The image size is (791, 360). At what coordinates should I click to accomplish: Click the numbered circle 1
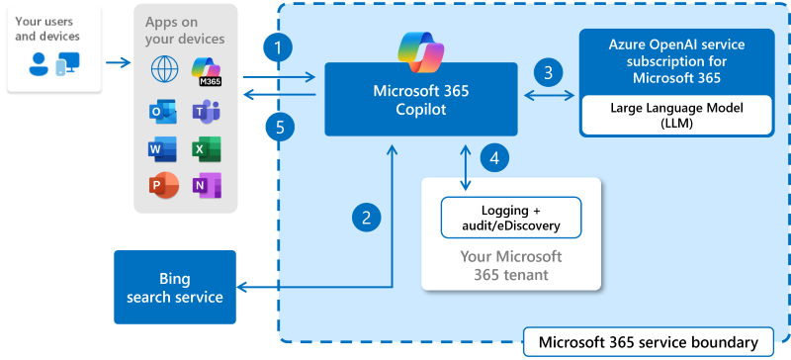pyautogui.click(x=282, y=46)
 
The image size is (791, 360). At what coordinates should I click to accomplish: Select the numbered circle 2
pyautogui.click(x=367, y=217)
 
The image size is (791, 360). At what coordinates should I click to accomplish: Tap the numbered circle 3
pyautogui.click(x=547, y=71)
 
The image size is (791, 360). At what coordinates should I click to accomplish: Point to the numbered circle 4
pyautogui.click(x=495, y=156)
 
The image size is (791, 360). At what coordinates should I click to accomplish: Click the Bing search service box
pyautogui.click(x=175, y=287)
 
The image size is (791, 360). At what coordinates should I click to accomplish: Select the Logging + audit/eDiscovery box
pyautogui.click(x=510, y=217)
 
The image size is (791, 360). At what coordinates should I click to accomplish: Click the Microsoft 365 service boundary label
pyautogui.click(x=648, y=342)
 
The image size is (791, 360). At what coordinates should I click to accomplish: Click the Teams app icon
pyautogui.click(x=206, y=111)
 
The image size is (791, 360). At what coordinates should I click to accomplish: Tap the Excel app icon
pyautogui.click(x=206, y=148)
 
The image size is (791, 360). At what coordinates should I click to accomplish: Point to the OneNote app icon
pyautogui.click(x=206, y=186)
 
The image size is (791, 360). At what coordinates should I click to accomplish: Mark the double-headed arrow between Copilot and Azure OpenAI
pyautogui.click(x=550, y=96)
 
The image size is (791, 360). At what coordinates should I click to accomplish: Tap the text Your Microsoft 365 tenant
pyautogui.click(x=511, y=265)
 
